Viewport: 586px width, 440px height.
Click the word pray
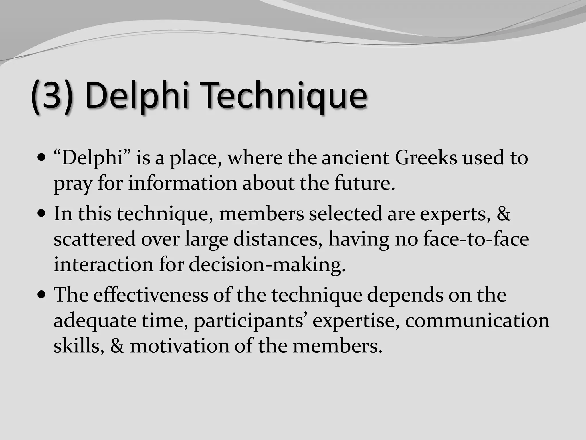tap(73, 184)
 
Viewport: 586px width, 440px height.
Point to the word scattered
tap(94, 239)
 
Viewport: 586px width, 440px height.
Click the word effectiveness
tap(151, 295)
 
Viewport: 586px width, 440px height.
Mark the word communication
tap(477, 320)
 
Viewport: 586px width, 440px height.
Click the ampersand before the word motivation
tap(117, 346)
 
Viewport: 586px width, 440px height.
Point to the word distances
tap(276, 239)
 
